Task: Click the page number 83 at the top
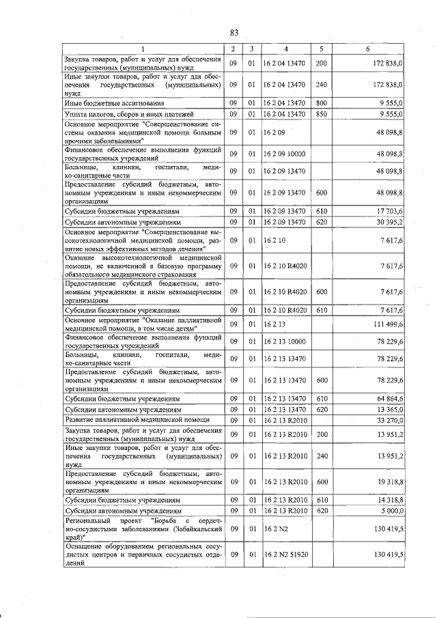(234, 32)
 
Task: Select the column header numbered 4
(285, 48)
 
